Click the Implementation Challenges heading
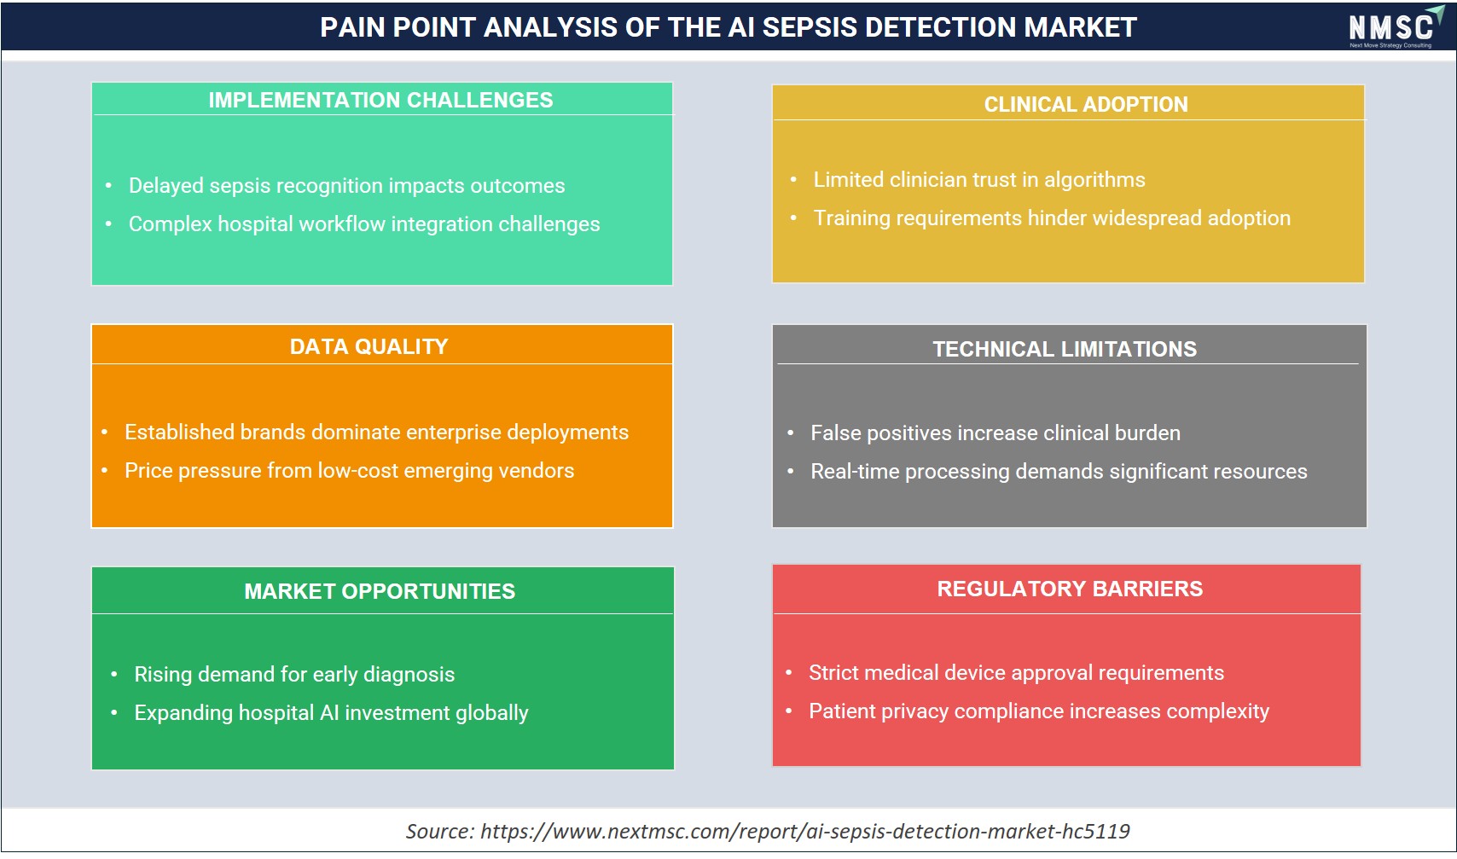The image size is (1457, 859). [x=380, y=100]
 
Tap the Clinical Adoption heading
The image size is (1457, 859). [x=1086, y=104]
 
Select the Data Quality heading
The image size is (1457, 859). [x=369, y=346]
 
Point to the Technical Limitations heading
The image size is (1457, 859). [x=1065, y=349]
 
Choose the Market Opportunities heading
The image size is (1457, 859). [x=380, y=591]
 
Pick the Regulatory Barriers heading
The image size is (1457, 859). [x=1070, y=589]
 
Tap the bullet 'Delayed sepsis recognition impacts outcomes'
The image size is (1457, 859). [x=346, y=186]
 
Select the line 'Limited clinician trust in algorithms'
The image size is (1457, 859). [x=979, y=180]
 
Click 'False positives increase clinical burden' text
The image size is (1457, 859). [x=996, y=433]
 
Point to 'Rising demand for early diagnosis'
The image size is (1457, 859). [x=294, y=675]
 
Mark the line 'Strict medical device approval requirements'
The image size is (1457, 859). [x=1016, y=672]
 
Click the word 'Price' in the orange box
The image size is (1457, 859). [x=148, y=470]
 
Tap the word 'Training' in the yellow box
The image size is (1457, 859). [x=852, y=218]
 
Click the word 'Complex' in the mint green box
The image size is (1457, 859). [x=171, y=224]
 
